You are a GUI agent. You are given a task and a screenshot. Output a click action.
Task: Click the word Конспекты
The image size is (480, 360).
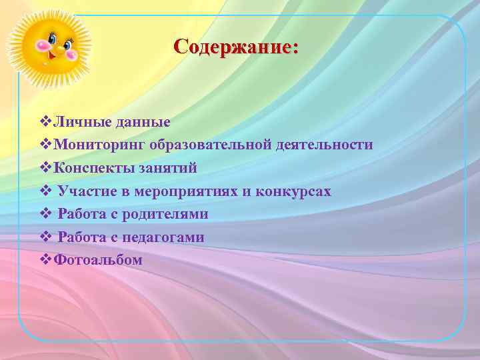[91, 168]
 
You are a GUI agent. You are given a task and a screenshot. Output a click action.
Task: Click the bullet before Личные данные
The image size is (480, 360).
[45, 122]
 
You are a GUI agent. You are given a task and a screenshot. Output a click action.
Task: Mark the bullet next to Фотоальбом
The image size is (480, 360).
[45, 260]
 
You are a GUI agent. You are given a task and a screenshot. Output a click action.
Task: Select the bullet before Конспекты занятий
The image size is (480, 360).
[45, 168]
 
